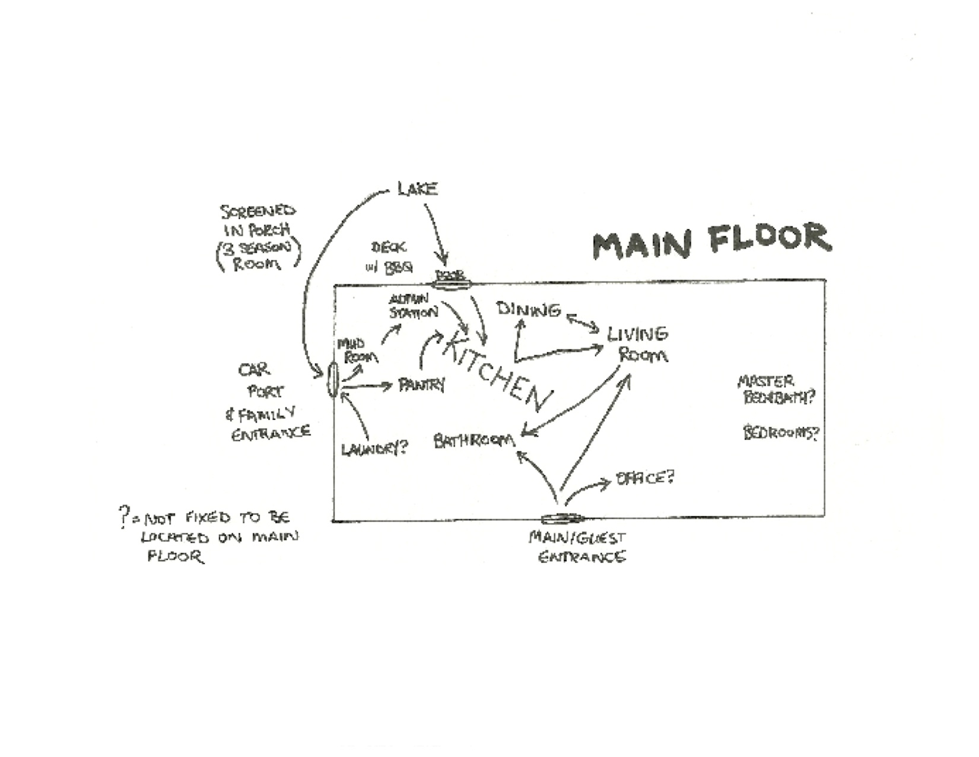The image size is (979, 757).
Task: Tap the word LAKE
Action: tap(418, 189)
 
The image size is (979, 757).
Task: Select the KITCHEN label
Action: tap(495, 371)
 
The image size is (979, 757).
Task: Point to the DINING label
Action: tap(529, 309)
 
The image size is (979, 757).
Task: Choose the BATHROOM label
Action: tap(474, 441)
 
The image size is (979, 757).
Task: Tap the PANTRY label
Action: tap(421, 385)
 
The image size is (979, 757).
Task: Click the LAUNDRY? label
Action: tap(374, 448)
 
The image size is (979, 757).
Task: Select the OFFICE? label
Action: tap(645, 478)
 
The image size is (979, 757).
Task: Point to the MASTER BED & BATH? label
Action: tap(774, 389)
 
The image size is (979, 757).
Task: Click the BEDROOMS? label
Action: tap(781, 433)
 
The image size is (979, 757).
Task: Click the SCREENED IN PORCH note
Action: tap(258, 237)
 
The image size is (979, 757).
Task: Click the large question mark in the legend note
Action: tap(124, 517)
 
